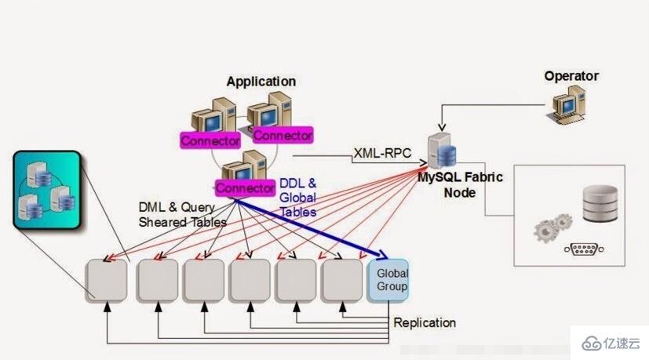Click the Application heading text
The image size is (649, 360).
261,82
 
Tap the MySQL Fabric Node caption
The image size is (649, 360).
460,184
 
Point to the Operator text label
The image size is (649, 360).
571,76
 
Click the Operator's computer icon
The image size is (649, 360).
569,105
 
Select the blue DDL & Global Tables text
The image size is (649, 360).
298,197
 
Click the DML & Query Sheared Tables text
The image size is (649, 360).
182,215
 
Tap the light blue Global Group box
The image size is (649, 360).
388,280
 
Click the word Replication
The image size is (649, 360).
425,322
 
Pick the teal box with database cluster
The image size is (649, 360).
46,191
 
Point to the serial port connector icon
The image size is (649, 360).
583,250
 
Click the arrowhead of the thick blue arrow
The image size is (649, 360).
384,256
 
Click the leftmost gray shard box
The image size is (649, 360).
106,280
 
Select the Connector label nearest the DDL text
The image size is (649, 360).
244,188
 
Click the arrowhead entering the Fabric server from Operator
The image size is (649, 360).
441,129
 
